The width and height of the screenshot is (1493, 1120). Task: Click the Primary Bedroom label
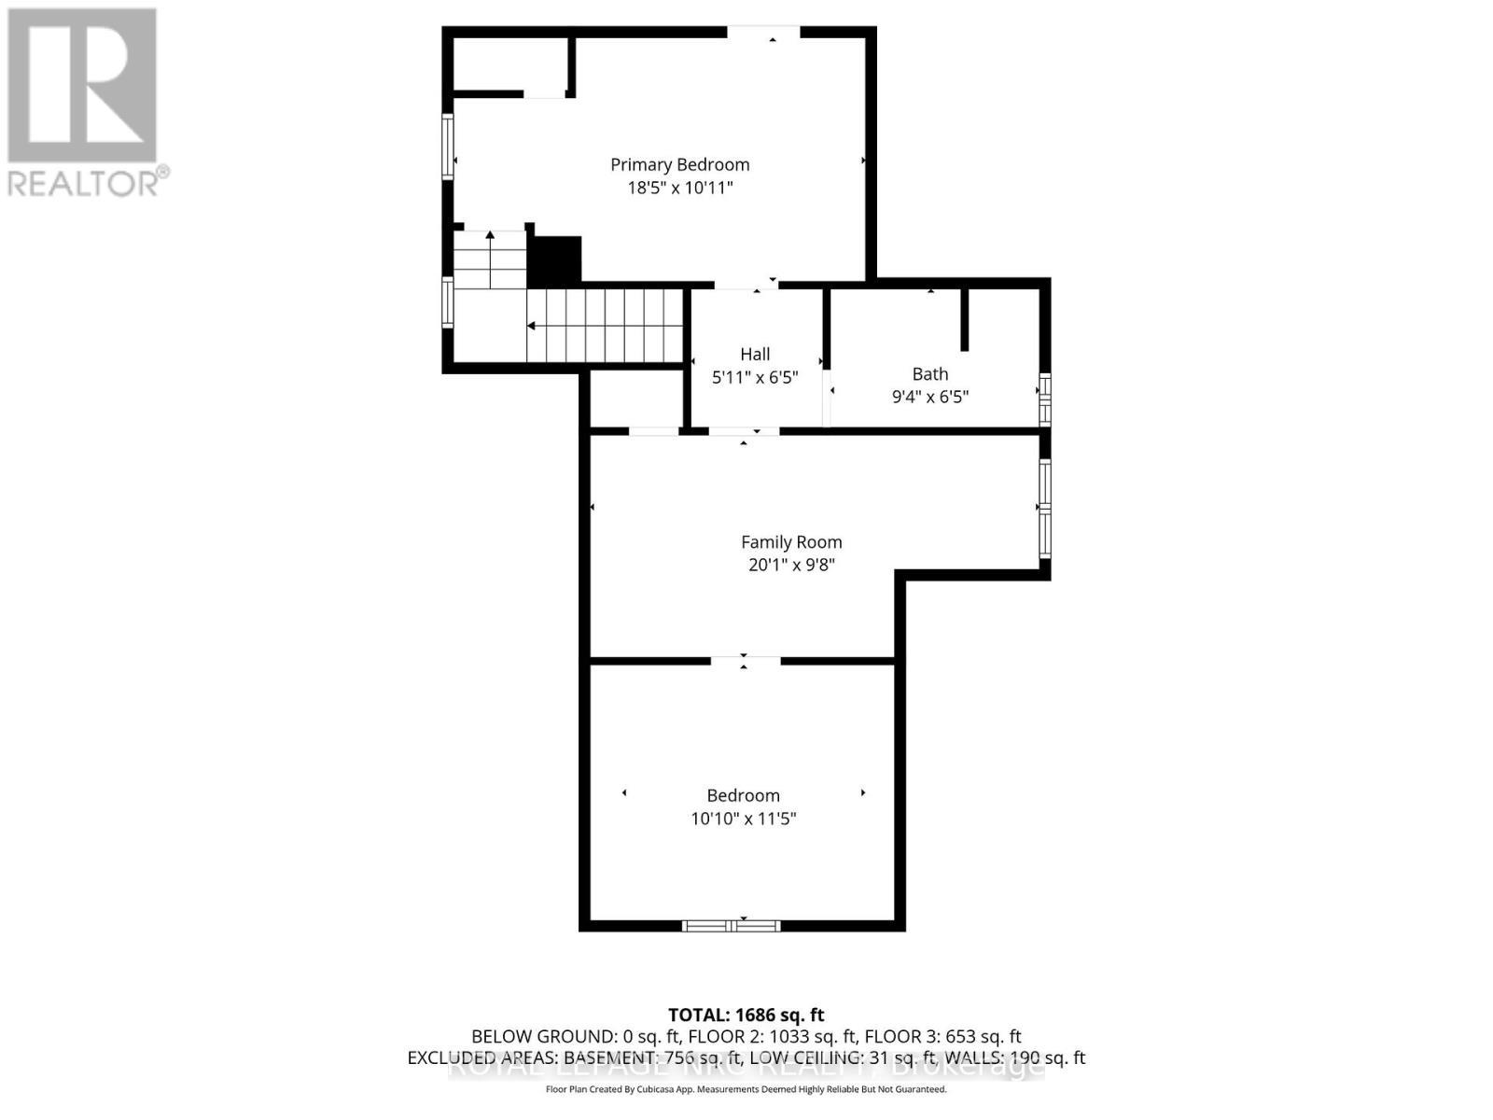[x=679, y=164]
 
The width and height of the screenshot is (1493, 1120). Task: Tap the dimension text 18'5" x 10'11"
[x=679, y=188]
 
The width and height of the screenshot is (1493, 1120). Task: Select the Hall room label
[x=755, y=354]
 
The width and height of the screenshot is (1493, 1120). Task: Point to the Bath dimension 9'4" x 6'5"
[x=929, y=397]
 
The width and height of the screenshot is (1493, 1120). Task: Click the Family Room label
[x=791, y=541]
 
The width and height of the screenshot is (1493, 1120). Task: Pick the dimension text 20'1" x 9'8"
[x=791, y=565]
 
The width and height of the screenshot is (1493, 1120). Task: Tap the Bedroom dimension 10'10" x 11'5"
[x=743, y=819]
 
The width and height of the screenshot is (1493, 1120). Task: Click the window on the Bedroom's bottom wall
[x=731, y=925]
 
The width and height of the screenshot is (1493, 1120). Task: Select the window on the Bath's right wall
[x=1045, y=399]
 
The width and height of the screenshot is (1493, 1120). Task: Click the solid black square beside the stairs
[x=555, y=261]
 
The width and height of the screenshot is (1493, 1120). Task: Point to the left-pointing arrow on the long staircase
[x=531, y=326]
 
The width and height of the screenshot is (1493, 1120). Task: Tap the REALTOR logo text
[x=88, y=182]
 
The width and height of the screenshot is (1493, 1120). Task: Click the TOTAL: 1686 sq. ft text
[x=746, y=1015]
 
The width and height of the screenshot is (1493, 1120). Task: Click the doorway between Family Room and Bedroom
[x=745, y=661]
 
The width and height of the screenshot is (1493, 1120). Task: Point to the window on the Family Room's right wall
[x=1045, y=508]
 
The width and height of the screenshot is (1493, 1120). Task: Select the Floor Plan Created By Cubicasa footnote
[x=746, y=1089]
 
